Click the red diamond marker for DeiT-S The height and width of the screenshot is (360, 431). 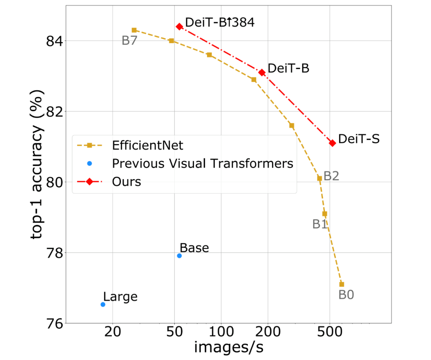(x=332, y=143)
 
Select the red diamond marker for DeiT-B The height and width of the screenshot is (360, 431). (x=262, y=72)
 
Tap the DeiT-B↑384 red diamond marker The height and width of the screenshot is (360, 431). (x=179, y=26)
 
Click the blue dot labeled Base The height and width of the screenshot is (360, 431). (x=179, y=255)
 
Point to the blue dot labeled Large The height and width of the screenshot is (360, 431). (x=103, y=304)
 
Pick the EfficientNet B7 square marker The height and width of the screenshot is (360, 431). (x=134, y=30)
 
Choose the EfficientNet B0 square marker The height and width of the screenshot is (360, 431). (x=342, y=284)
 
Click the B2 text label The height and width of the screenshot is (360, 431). (x=331, y=176)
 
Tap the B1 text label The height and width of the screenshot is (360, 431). (x=320, y=224)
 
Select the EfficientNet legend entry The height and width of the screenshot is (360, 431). (x=148, y=145)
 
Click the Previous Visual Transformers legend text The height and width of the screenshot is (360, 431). (x=202, y=163)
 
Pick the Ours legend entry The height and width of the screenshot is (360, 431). (x=127, y=182)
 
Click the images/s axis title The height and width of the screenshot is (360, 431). (x=228, y=347)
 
